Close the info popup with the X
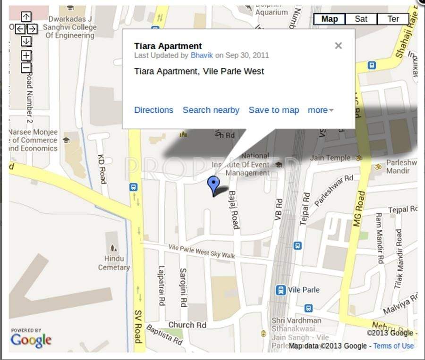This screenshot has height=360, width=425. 338,46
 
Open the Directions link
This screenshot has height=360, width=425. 153,110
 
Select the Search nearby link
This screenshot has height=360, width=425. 211,110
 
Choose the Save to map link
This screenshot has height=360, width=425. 274,110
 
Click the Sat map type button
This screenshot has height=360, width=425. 361,19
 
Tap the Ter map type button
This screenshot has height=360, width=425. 393,19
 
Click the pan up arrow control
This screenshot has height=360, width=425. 26,17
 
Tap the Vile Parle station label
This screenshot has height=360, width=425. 304,290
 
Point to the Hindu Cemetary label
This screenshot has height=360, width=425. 114,263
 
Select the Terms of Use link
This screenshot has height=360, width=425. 393,346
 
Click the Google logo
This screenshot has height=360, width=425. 31,339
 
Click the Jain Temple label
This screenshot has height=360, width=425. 330,158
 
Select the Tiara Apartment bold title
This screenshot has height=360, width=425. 168,46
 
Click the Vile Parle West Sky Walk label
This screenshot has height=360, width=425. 202,251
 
